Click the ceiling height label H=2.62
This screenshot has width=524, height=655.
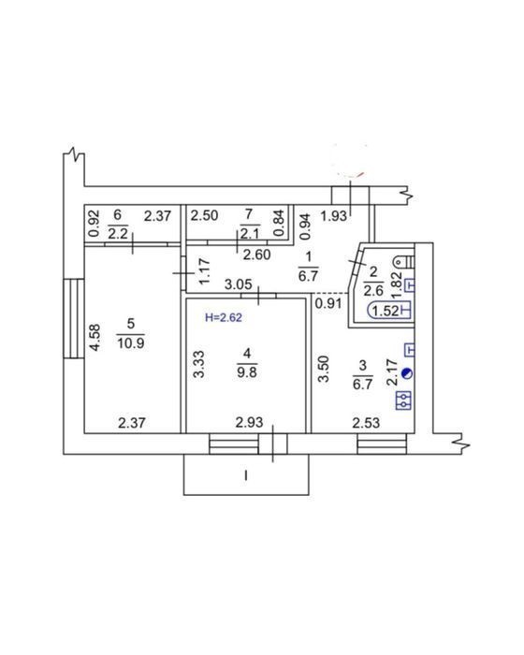(x=224, y=318)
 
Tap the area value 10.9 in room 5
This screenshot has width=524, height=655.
(x=131, y=343)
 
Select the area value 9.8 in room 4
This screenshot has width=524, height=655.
(x=247, y=371)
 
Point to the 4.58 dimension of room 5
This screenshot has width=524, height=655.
(x=95, y=338)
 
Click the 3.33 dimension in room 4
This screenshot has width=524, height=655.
(x=199, y=365)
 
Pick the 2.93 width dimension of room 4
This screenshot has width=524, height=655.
(x=249, y=423)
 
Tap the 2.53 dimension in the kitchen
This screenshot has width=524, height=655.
(x=366, y=423)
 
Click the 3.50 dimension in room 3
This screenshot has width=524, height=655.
(x=324, y=369)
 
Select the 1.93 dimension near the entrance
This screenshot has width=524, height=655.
(x=334, y=216)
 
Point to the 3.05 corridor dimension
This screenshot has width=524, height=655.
(x=239, y=284)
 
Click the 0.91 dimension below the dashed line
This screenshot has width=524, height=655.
(x=328, y=304)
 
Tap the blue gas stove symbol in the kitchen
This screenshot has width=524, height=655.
(x=403, y=400)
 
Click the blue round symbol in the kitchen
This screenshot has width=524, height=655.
(x=407, y=373)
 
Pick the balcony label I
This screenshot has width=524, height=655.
(x=246, y=475)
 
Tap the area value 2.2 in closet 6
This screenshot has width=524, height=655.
(x=118, y=234)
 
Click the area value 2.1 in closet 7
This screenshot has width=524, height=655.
(x=250, y=234)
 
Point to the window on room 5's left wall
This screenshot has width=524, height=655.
(x=74, y=318)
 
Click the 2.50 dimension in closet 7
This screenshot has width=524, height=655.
(x=204, y=216)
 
